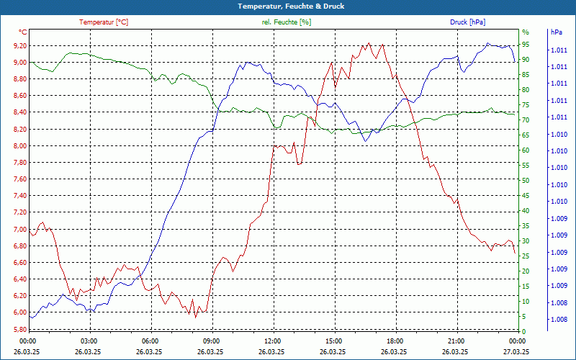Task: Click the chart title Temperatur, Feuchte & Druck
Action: click(x=288, y=6)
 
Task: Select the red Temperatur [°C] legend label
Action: click(x=104, y=22)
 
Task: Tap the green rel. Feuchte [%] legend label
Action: click(x=287, y=22)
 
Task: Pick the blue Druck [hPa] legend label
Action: click(x=467, y=22)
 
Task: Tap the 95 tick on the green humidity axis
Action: click(x=526, y=45)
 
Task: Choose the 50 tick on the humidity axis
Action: click(x=526, y=181)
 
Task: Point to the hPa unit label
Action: click(x=557, y=32)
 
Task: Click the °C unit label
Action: click(x=23, y=32)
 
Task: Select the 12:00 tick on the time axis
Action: click(x=274, y=341)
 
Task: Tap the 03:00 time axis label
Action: click(x=89, y=341)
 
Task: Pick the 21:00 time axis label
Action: click(x=456, y=341)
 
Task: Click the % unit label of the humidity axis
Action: click(x=525, y=32)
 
